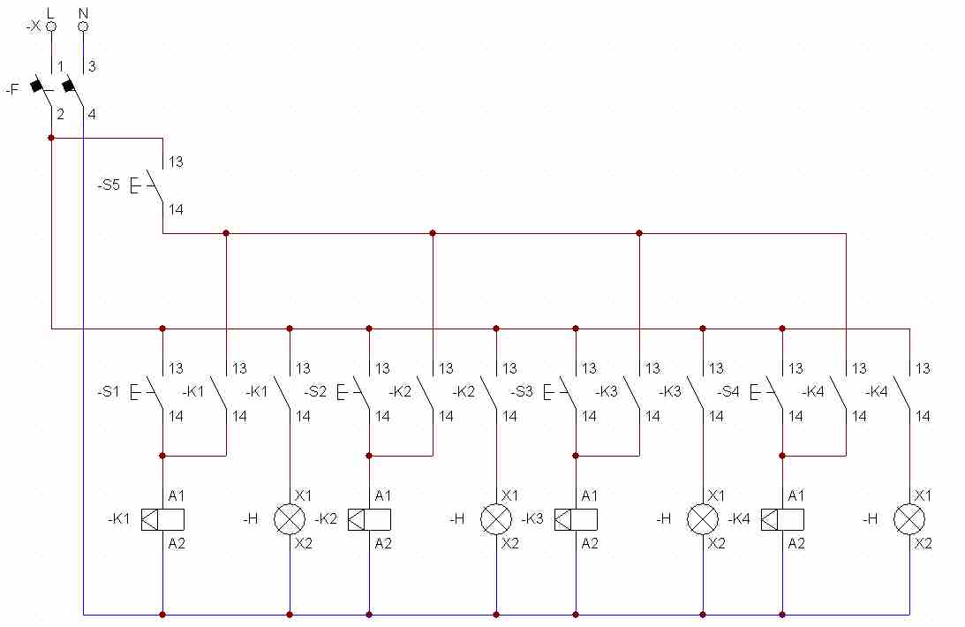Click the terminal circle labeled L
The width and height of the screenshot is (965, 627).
pos(51,26)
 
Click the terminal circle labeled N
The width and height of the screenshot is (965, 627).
pos(83,26)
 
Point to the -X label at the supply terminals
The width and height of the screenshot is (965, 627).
pos(34,26)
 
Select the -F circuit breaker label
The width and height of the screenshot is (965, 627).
pos(12,89)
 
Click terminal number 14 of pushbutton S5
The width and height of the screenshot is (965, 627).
pos(177,210)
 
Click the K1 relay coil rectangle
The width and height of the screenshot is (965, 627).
pos(162,519)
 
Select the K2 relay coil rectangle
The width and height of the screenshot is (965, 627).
pos(369,519)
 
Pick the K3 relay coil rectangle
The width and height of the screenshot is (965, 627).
pos(576,519)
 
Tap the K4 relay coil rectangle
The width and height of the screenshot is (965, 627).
pos(782,519)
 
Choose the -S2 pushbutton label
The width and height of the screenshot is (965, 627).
pos(315,391)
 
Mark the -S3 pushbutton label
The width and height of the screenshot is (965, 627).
pos(522,391)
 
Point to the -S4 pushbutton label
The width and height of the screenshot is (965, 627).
pos(728,391)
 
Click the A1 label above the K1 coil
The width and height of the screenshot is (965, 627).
pos(177,495)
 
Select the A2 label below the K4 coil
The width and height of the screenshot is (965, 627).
pos(796,544)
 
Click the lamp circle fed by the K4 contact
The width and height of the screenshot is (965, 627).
pos(909,519)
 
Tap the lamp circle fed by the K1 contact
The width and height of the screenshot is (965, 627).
pos(290,519)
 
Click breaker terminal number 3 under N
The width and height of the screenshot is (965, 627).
pos(92,66)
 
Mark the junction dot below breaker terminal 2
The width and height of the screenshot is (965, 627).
pos(51,138)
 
